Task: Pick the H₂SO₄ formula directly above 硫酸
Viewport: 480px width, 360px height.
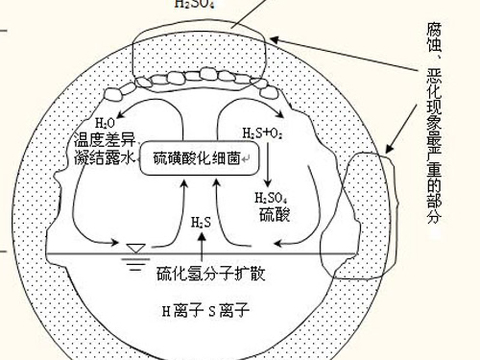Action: point(271,197)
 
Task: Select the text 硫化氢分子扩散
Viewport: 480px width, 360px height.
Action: point(210,274)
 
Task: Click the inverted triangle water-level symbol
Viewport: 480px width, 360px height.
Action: point(135,249)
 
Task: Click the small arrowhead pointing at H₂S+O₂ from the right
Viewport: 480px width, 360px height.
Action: point(280,42)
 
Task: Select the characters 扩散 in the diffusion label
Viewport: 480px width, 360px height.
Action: point(252,274)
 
